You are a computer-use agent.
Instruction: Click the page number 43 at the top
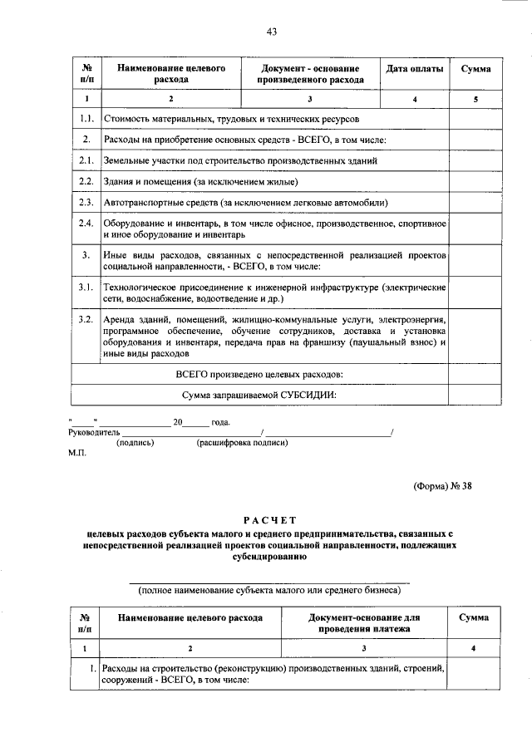(270, 32)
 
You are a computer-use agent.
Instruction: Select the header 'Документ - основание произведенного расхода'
(310, 74)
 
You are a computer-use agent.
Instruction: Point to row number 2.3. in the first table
(85, 202)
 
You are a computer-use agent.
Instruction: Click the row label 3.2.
(85, 319)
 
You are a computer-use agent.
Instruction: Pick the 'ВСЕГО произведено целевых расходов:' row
(259, 374)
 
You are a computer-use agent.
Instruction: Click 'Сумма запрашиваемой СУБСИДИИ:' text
(259, 396)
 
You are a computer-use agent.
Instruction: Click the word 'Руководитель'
(94, 432)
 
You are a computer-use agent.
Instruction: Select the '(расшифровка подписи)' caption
(242, 443)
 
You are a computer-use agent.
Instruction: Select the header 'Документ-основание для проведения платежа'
(363, 623)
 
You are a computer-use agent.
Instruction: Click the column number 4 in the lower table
(473, 648)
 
